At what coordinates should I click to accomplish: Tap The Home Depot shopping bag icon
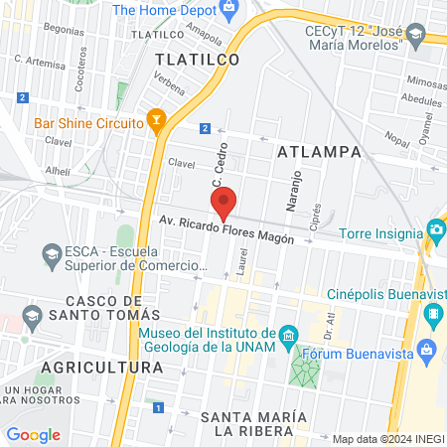coord(230,10)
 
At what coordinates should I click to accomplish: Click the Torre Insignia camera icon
coord(435,232)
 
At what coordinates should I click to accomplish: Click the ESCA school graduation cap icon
coord(51,258)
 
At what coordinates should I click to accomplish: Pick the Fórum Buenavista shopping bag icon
coord(427,350)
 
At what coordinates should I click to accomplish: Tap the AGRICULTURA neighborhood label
coord(101,368)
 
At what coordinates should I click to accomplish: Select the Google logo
coord(33,434)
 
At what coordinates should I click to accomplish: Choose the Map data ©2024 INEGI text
coord(387,439)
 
